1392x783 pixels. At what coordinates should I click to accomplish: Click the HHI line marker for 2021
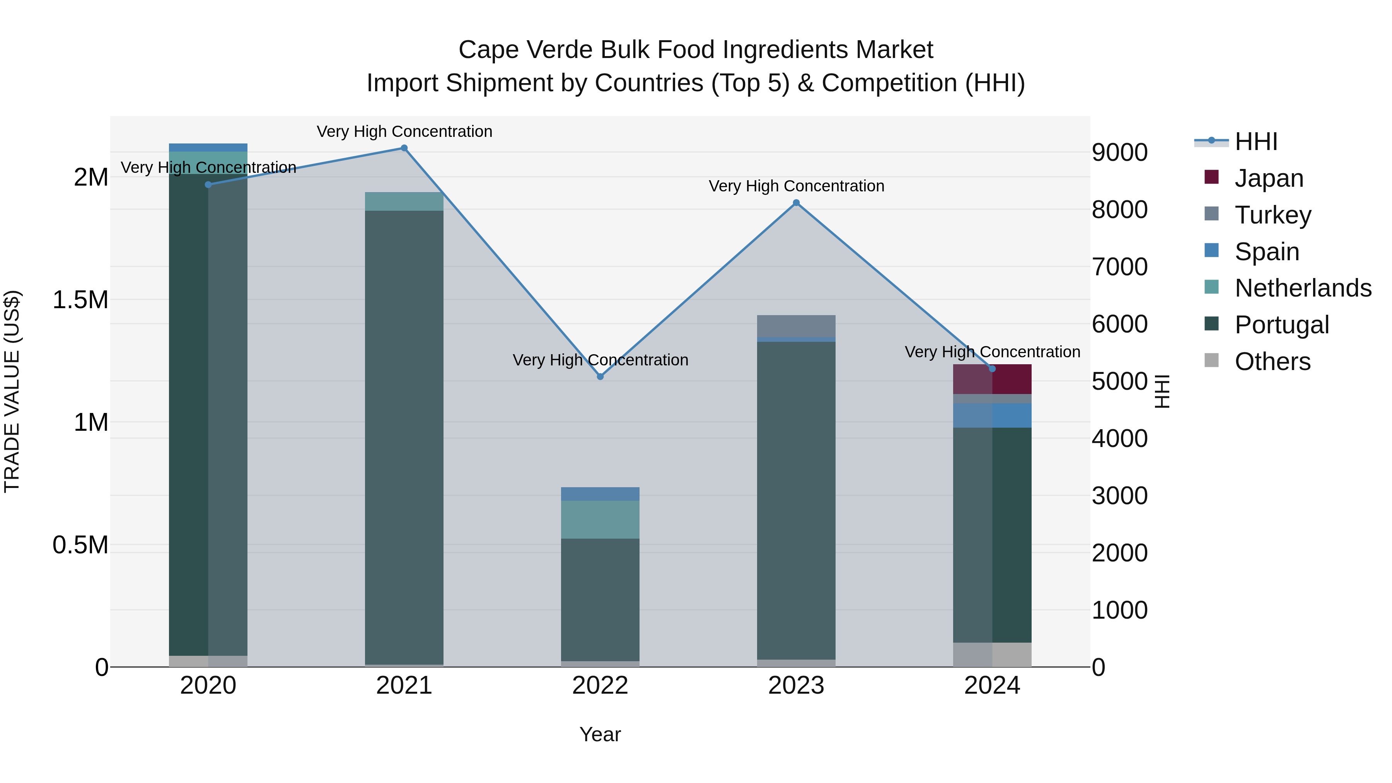coord(404,148)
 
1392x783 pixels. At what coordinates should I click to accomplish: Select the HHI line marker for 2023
coord(796,203)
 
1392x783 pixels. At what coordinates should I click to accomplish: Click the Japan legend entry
coord(1268,178)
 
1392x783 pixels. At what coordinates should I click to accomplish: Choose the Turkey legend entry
coord(1273,215)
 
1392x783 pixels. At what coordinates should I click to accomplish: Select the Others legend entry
coord(1272,361)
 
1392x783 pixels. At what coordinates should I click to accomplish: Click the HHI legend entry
coord(1256,142)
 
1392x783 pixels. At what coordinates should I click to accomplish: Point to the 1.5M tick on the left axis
coord(80,299)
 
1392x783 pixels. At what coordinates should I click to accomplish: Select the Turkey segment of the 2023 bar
coord(796,326)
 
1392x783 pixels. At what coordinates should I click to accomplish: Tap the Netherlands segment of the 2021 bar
coord(404,201)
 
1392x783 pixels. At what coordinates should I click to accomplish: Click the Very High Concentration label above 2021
coord(404,131)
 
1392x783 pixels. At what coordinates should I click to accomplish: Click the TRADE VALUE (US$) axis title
coord(12,391)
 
